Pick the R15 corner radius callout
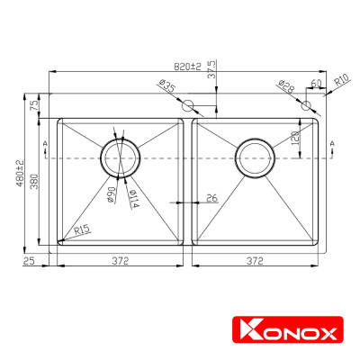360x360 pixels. (82, 230)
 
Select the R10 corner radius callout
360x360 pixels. (342, 85)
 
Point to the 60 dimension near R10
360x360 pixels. (316, 84)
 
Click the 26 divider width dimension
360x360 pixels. (211, 197)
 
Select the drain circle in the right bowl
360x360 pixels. (254, 158)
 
